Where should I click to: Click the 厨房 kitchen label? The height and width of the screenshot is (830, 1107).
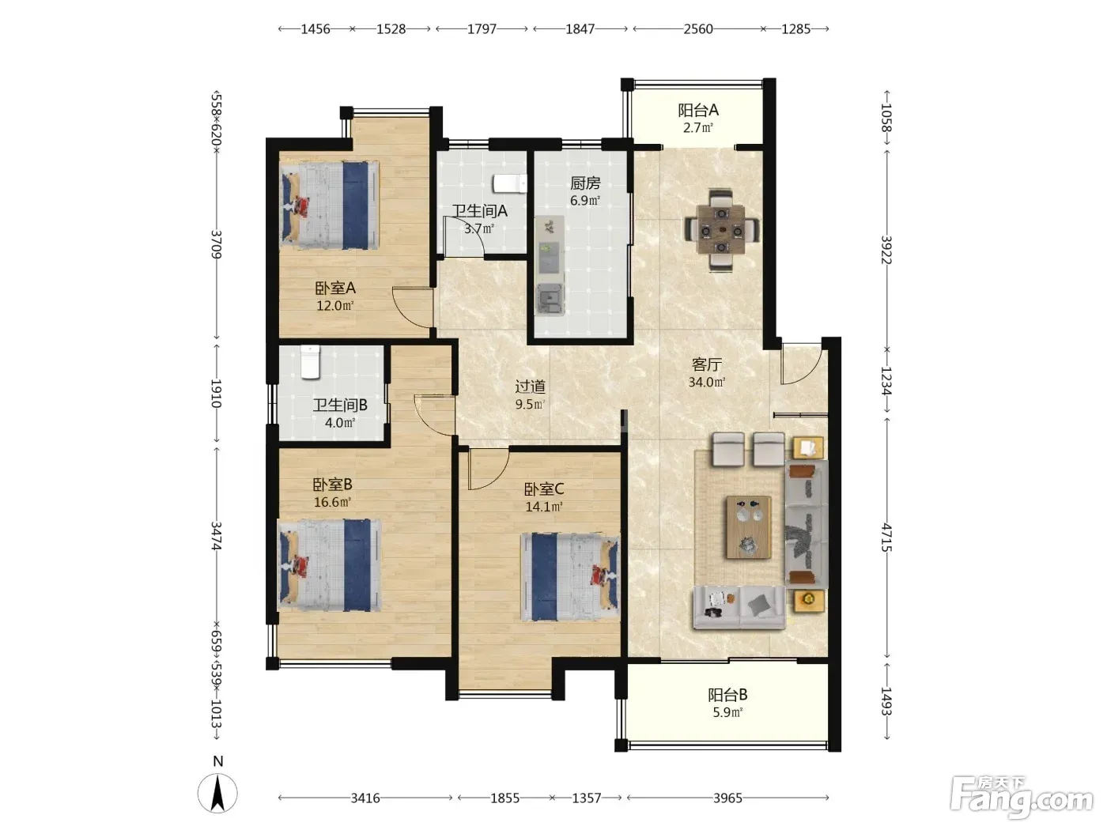click(x=585, y=183)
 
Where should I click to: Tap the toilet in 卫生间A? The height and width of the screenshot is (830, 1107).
click(x=510, y=183)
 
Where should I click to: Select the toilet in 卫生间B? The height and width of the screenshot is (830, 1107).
click(x=310, y=361)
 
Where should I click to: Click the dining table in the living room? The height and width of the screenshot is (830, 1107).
click(x=722, y=231)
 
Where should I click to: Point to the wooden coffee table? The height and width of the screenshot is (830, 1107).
click(x=749, y=526)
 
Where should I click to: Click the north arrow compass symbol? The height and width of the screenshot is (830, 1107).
click(x=217, y=793)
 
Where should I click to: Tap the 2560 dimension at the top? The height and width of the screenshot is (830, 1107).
click(x=698, y=28)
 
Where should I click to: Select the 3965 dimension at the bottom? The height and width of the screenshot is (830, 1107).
click(x=727, y=798)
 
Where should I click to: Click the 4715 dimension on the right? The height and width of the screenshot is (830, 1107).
click(x=886, y=538)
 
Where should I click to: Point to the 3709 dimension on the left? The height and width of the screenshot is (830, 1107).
click(x=217, y=244)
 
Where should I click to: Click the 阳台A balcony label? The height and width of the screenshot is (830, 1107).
click(x=698, y=110)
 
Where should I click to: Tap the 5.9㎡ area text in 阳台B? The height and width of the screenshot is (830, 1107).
click(x=727, y=712)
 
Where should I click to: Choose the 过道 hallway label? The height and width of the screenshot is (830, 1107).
click(x=530, y=387)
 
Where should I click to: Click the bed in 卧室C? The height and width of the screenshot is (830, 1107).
click(x=570, y=577)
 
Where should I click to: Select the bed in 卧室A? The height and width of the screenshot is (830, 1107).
click(x=330, y=205)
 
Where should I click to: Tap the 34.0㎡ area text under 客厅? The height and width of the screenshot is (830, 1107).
click(x=707, y=382)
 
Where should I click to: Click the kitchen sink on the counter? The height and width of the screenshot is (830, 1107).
click(x=550, y=299)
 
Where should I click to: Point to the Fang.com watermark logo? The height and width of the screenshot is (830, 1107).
click(x=1022, y=798)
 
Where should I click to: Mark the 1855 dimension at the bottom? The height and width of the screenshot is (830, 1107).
click(x=504, y=798)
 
